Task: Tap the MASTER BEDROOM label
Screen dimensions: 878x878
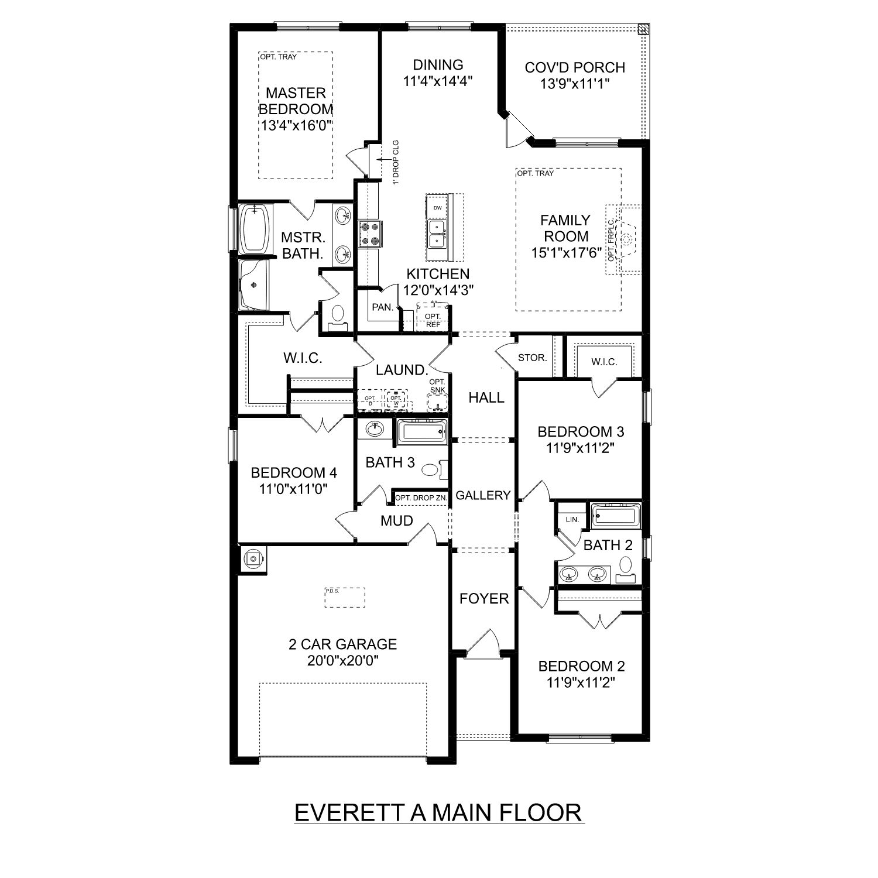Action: (296, 101)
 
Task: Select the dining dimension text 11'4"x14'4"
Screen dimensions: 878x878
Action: (438, 81)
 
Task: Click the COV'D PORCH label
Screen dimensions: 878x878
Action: (574, 67)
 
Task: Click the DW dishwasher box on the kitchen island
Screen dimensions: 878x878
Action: (437, 208)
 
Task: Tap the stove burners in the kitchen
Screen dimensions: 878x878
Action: (369, 233)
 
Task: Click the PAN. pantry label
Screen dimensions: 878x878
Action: (382, 307)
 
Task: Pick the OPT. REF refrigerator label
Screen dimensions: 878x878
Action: (433, 320)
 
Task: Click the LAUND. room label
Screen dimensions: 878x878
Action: (402, 369)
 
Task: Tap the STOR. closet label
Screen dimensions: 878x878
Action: (532, 357)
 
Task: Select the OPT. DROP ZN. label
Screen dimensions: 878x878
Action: (421, 498)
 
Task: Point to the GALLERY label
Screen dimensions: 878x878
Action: (483, 495)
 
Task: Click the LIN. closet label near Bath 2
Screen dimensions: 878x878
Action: (571, 519)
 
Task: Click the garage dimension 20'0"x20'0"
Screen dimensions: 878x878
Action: (342, 661)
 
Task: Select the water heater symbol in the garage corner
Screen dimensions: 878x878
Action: (253, 559)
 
